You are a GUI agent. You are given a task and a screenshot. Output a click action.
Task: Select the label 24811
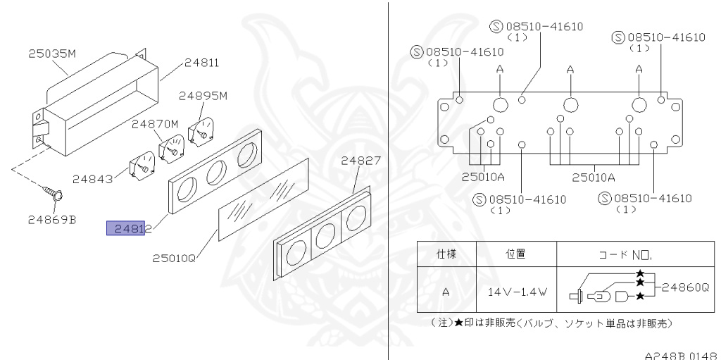coord(201,62)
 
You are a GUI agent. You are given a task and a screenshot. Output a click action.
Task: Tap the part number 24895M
coord(203,96)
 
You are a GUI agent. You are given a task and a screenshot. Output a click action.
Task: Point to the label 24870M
coord(156,124)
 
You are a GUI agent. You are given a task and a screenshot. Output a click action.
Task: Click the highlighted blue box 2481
coord(126,228)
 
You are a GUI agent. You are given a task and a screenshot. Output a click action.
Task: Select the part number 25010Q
coord(174,259)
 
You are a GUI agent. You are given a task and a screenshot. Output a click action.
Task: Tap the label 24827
coord(361,161)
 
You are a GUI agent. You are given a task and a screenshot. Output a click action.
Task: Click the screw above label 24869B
coord(53,190)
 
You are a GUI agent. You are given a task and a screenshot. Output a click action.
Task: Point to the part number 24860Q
coord(686,287)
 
